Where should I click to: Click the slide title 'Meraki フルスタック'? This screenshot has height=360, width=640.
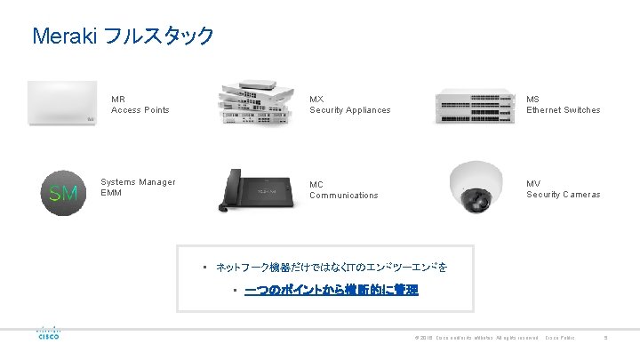click(x=123, y=36)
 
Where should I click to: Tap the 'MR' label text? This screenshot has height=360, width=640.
click(x=118, y=99)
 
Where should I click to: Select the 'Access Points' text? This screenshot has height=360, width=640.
click(x=140, y=110)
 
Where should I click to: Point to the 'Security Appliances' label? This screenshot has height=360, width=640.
click(x=349, y=110)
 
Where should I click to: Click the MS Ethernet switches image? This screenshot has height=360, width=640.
click(x=473, y=106)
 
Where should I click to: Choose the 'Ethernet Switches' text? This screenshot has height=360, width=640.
click(x=563, y=110)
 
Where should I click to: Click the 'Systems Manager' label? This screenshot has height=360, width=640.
click(x=138, y=182)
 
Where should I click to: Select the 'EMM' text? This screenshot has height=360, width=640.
click(x=111, y=193)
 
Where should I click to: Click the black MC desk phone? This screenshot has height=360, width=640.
click(x=257, y=188)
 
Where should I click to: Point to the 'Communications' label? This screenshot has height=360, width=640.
click(x=343, y=196)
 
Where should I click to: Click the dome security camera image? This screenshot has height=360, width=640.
click(x=479, y=188)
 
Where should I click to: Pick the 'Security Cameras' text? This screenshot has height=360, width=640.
click(x=563, y=195)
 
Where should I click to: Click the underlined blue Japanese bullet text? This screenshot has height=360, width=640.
click(x=331, y=291)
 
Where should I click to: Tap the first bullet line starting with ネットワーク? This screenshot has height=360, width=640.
click(x=332, y=268)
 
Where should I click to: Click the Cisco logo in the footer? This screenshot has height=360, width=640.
click(x=47, y=332)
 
